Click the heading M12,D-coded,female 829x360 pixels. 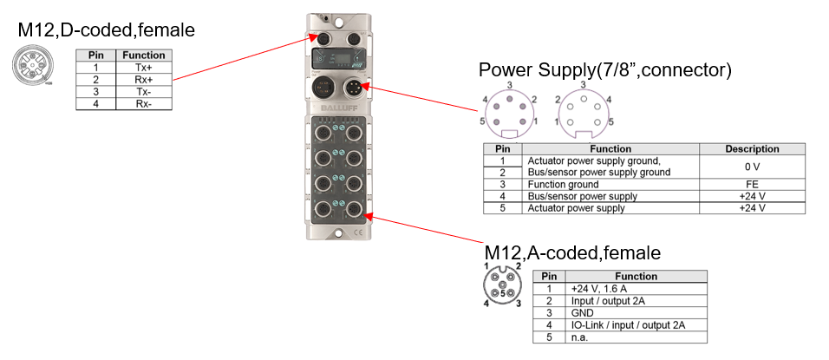click(x=106, y=31)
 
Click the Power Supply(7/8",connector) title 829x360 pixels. click(x=605, y=70)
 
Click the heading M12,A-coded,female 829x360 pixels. click(x=572, y=253)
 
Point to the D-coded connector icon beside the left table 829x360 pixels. click(x=34, y=65)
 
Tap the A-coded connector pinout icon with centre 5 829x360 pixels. click(x=502, y=284)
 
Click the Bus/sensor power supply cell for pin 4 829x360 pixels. click(x=578, y=196)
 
